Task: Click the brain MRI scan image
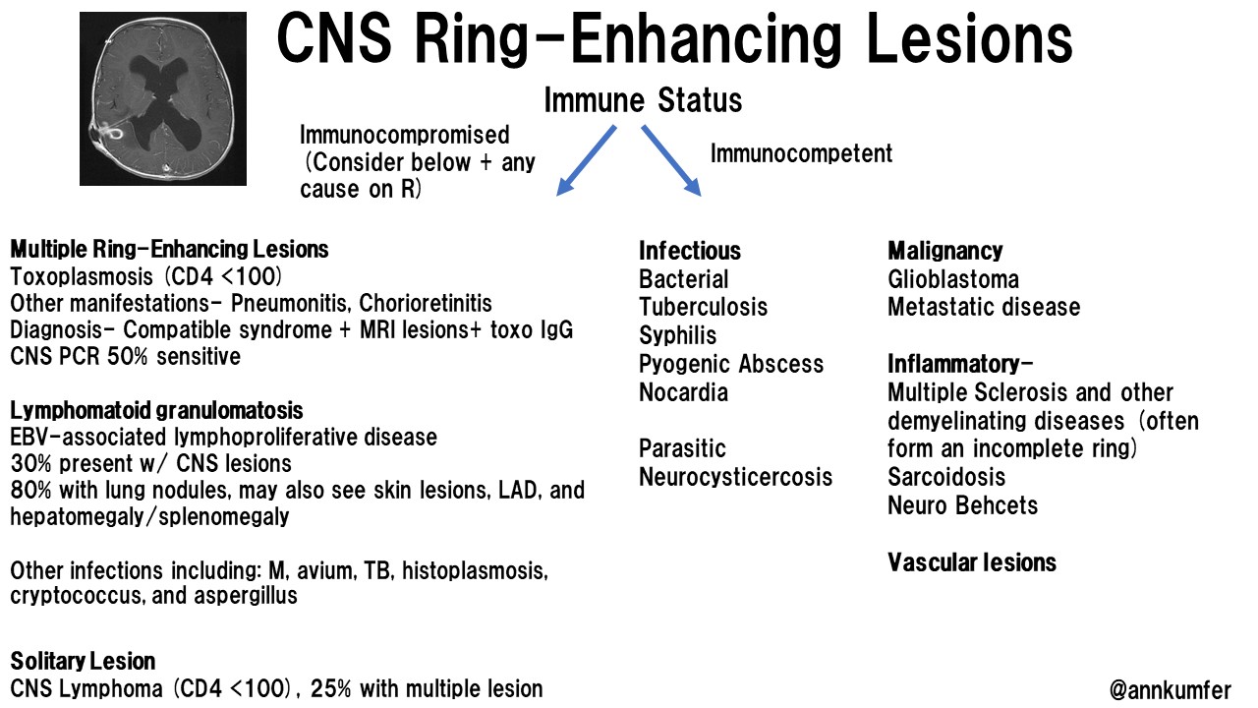pos(163,98)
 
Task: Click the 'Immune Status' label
pos(643,100)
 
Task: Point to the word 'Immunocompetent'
pos(801,153)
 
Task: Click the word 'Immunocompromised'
pos(405,135)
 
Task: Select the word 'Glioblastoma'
pos(952,279)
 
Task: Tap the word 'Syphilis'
pos(678,336)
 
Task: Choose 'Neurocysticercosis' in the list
pos(735,478)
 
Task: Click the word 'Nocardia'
pos(683,393)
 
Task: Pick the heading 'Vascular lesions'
pos(971,562)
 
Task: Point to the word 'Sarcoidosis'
pos(946,478)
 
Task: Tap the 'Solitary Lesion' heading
pos(83,661)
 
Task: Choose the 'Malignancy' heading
pos(944,251)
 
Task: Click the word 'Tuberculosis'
pos(703,308)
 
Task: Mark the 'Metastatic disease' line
pos(983,308)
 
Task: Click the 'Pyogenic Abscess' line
pos(731,365)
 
